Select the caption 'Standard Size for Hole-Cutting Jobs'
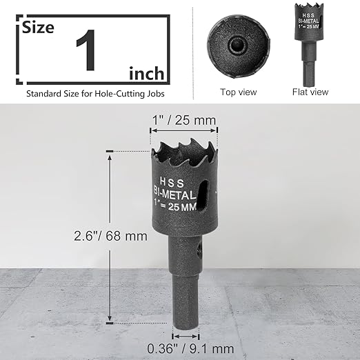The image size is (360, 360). click(x=95, y=92)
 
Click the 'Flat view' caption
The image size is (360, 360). click(x=311, y=91)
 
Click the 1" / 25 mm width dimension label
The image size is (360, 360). click(x=183, y=120)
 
